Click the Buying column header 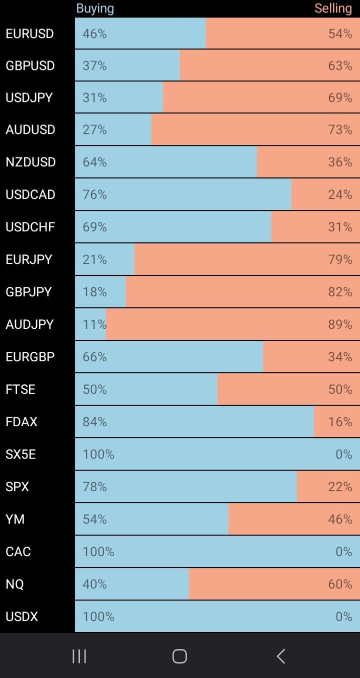tap(95, 8)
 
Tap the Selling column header tap(333, 8)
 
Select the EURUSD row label tap(29, 34)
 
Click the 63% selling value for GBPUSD tap(340, 65)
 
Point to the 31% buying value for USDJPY tap(94, 97)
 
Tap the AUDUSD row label tap(30, 130)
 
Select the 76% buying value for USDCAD tap(94, 194)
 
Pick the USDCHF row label tap(30, 227)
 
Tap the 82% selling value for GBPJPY tap(340, 292)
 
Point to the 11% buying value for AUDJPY tap(94, 324)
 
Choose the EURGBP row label tap(30, 357)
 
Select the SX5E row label tap(20, 454)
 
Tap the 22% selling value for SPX tap(340, 487)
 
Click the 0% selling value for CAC tap(344, 552)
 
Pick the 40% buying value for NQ tap(94, 584)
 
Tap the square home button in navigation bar tap(179, 656)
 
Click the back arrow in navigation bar tap(281, 656)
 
